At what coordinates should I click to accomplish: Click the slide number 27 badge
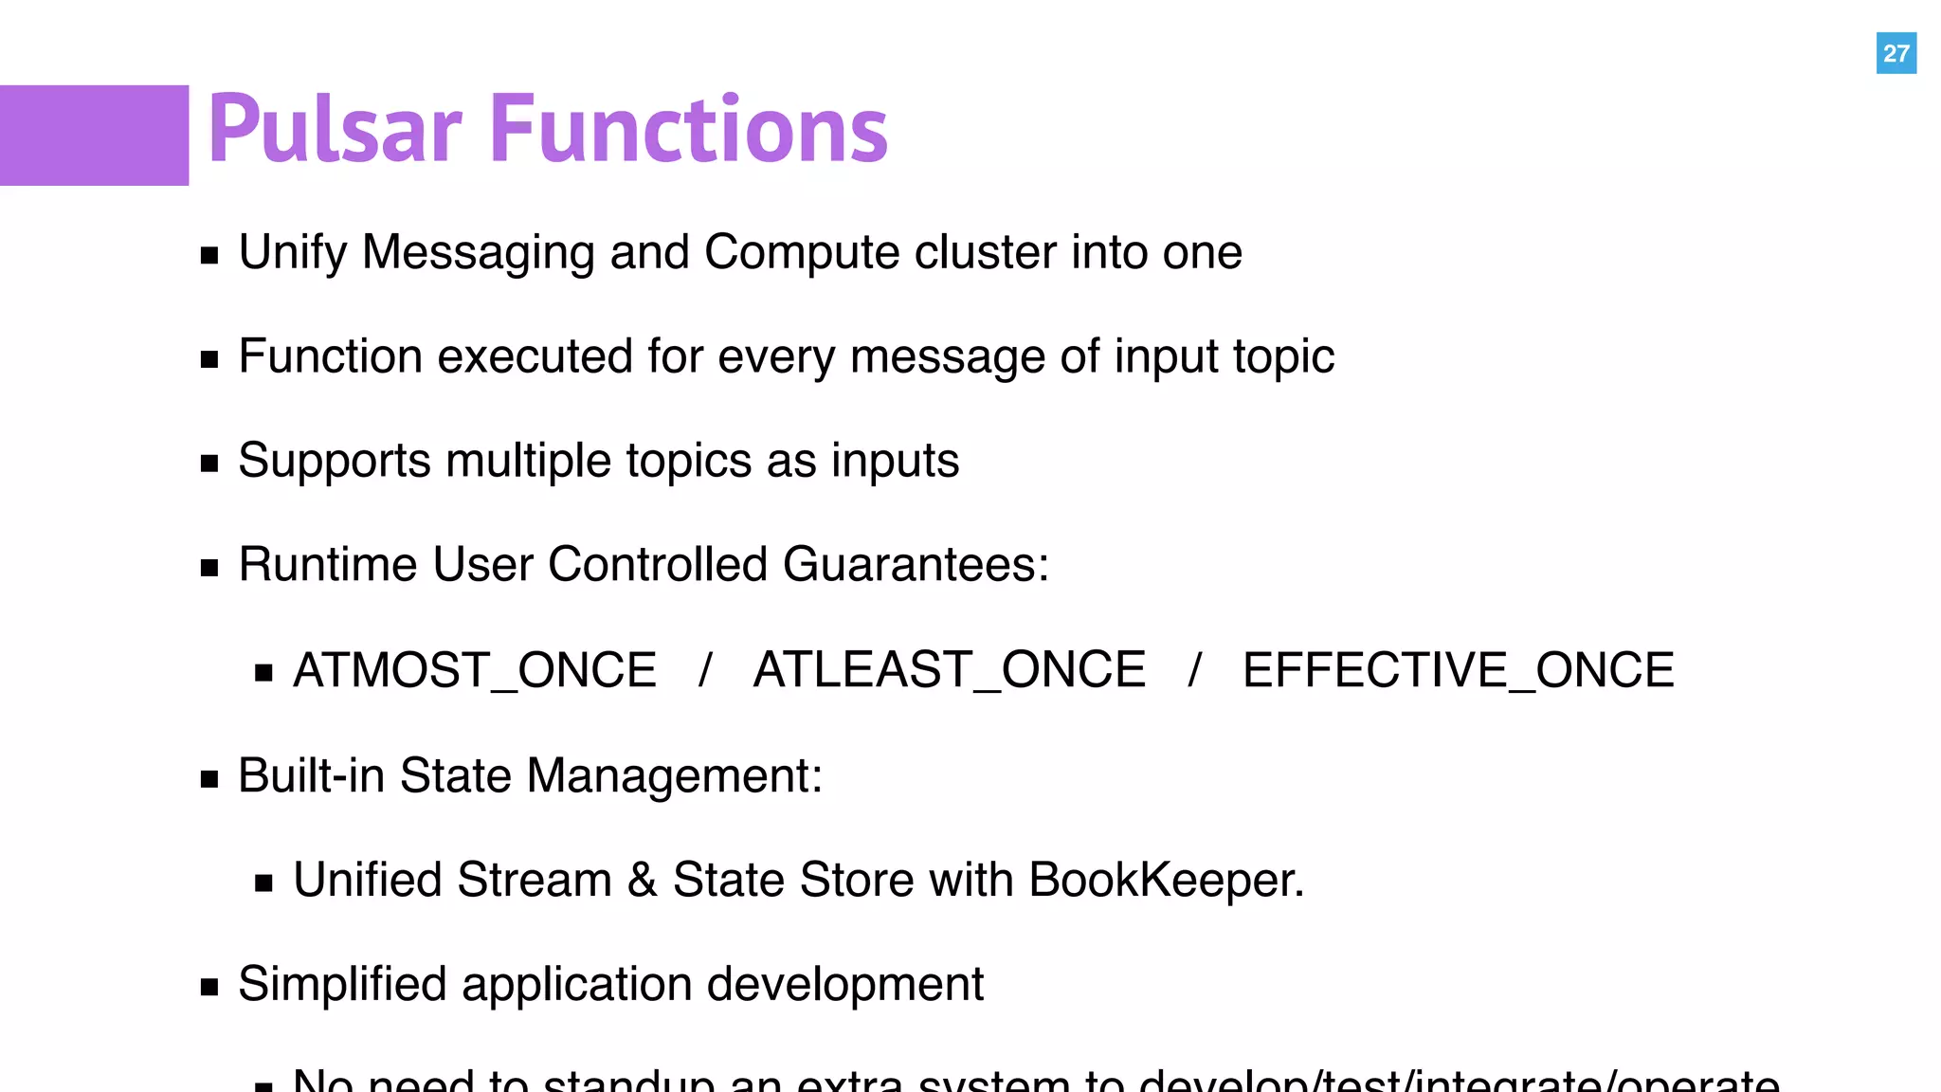(x=1896, y=53)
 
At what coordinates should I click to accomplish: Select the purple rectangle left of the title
(x=94, y=135)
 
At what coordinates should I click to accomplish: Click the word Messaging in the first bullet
(x=478, y=253)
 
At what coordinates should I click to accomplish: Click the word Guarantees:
(x=916, y=565)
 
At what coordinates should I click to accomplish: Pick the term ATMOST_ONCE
(x=475, y=670)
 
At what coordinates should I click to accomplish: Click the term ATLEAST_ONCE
(x=950, y=670)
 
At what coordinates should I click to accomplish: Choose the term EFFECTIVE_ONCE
(x=1459, y=670)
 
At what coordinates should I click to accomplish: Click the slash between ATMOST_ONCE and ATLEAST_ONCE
(x=705, y=670)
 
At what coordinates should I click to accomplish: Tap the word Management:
(x=675, y=776)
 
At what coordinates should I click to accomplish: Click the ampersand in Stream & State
(x=643, y=881)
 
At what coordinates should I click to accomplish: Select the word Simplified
(x=341, y=984)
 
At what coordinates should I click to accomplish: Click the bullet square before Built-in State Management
(x=209, y=780)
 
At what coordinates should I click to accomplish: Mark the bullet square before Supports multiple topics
(x=209, y=464)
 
